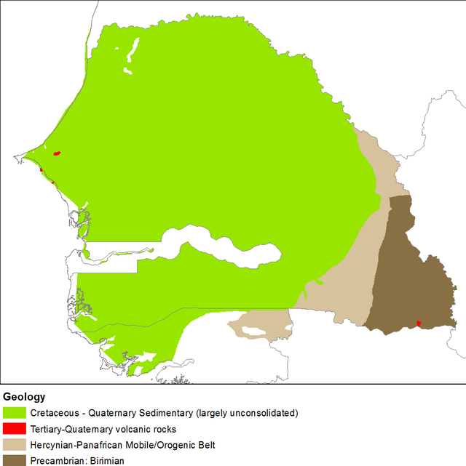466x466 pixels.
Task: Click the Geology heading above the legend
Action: point(24,397)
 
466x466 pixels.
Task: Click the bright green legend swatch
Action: point(14,413)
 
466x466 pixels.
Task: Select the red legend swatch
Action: point(14,429)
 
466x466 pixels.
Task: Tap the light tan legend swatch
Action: point(14,444)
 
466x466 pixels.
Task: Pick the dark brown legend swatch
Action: point(14,459)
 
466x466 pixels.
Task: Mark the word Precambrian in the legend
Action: point(58,460)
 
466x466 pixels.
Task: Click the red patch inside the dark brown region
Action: point(418,323)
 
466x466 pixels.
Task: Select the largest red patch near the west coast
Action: point(57,153)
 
